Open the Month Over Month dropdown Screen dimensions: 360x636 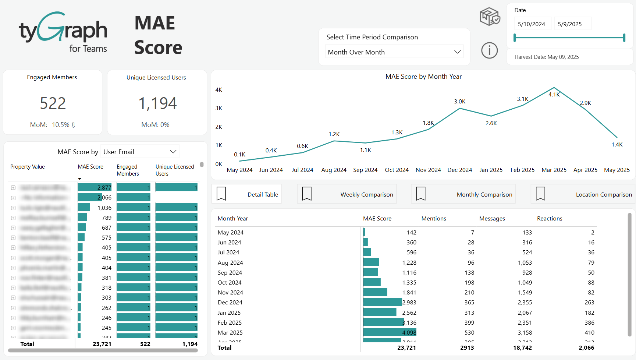coord(394,52)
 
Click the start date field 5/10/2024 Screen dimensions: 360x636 coord(532,24)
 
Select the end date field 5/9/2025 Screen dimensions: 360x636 coord(570,24)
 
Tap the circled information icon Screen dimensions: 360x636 coord(489,50)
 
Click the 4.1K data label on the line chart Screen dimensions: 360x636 coord(554,95)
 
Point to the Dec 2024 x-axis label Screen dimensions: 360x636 coord(459,170)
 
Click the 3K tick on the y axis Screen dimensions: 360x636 coord(218,108)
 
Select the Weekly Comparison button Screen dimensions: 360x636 coord(347,194)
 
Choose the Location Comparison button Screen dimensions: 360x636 coord(583,194)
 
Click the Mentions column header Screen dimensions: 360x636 coord(434,219)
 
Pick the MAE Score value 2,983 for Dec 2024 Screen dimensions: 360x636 coord(409,303)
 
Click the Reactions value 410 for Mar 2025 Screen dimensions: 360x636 coord(589,333)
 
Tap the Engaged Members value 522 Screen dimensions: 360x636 coord(53,103)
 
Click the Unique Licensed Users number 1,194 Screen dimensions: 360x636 coord(157,103)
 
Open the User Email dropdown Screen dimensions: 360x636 coord(140,152)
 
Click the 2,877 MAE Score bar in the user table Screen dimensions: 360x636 coord(95,188)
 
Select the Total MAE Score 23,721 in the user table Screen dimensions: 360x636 coord(102,344)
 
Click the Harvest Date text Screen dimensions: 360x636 coord(546,57)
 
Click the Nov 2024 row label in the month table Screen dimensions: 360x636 coord(230,293)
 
